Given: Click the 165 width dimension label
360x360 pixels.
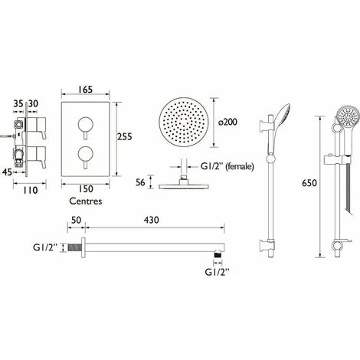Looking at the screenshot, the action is pos(86,90).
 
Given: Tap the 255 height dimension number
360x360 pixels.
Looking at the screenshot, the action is pos(125,136).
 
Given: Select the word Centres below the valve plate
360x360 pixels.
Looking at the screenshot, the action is pos(86,201).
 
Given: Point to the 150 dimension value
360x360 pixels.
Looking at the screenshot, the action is pos(86,189).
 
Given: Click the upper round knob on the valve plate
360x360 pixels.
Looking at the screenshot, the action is pos(86,125).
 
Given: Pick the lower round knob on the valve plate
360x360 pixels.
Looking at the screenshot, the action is pos(86,154).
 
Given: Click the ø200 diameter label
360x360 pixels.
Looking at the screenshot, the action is pos(227,122).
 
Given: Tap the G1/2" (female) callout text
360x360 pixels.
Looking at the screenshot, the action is pos(227,167).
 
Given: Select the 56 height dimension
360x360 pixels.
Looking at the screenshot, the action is pos(140,182).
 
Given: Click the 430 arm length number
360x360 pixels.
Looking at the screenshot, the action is pos(151,220).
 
